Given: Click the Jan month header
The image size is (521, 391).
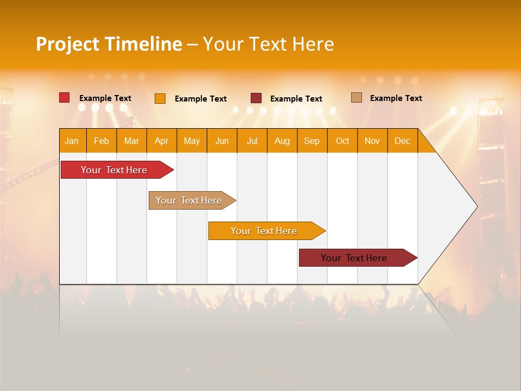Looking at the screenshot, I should click(72, 141).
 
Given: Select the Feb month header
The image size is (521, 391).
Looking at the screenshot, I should click(101, 141).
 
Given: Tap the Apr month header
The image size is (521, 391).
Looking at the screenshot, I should click(162, 141).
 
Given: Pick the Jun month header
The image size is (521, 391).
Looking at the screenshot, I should click(222, 141).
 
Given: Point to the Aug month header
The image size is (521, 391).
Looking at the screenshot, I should click(282, 141).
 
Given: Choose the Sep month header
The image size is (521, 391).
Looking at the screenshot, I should click(312, 141).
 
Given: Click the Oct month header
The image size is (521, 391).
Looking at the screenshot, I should click(342, 141).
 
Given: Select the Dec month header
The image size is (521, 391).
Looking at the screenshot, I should click(403, 141).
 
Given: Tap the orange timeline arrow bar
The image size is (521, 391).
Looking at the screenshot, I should click(264, 231).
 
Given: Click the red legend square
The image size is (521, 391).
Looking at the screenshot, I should click(65, 98).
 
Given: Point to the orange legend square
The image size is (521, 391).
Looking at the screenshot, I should click(160, 98).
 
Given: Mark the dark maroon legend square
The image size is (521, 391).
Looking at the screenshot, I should click(256, 98).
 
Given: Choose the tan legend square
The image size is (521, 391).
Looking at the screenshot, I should click(357, 98).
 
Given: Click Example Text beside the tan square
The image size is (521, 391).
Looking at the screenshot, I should click(396, 98).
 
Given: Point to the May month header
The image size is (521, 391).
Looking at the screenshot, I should click(192, 141).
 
